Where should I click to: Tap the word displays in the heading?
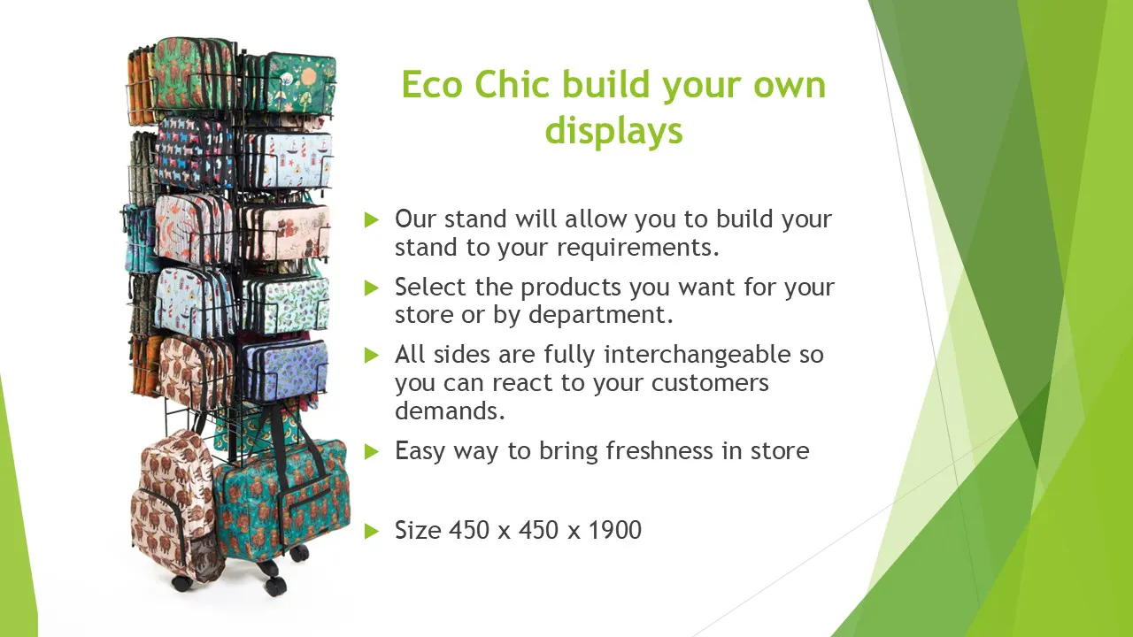click(613, 131)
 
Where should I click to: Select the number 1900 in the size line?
click(615, 530)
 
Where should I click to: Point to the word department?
click(601, 315)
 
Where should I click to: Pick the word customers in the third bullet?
click(710, 383)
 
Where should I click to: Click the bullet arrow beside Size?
click(371, 531)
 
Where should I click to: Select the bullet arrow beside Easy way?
click(371, 451)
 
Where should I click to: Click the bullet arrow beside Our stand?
click(371, 220)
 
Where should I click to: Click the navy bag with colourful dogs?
click(196, 151)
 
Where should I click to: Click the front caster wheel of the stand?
click(274, 586)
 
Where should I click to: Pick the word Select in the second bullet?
click(430, 288)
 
